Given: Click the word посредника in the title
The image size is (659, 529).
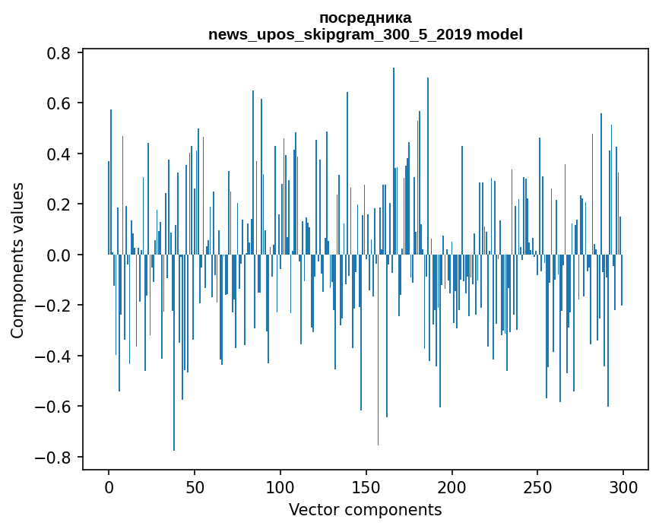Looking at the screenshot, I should [x=365, y=17].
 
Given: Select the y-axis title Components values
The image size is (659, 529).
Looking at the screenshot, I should [x=17, y=260].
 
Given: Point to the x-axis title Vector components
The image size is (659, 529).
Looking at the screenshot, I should [x=365, y=509].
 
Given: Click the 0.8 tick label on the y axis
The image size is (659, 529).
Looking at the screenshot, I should [x=60, y=53].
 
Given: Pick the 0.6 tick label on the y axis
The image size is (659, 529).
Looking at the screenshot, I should [x=60, y=103].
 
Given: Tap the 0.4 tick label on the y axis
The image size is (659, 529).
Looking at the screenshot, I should [x=60, y=154].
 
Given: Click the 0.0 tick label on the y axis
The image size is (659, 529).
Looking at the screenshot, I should [x=60, y=255].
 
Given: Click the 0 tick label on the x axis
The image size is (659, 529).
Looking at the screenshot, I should [x=109, y=487].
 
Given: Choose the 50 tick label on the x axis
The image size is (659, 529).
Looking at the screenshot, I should [x=195, y=487].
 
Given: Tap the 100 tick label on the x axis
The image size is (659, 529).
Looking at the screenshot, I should [x=280, y=487].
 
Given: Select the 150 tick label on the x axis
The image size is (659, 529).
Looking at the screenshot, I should [x=366, y=487].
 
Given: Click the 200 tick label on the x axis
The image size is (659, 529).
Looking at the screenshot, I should [x=451, y=487].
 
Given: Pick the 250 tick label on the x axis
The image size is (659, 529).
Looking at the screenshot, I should [x=537, y=487].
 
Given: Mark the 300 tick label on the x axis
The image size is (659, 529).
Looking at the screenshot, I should [x=623, y=487].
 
